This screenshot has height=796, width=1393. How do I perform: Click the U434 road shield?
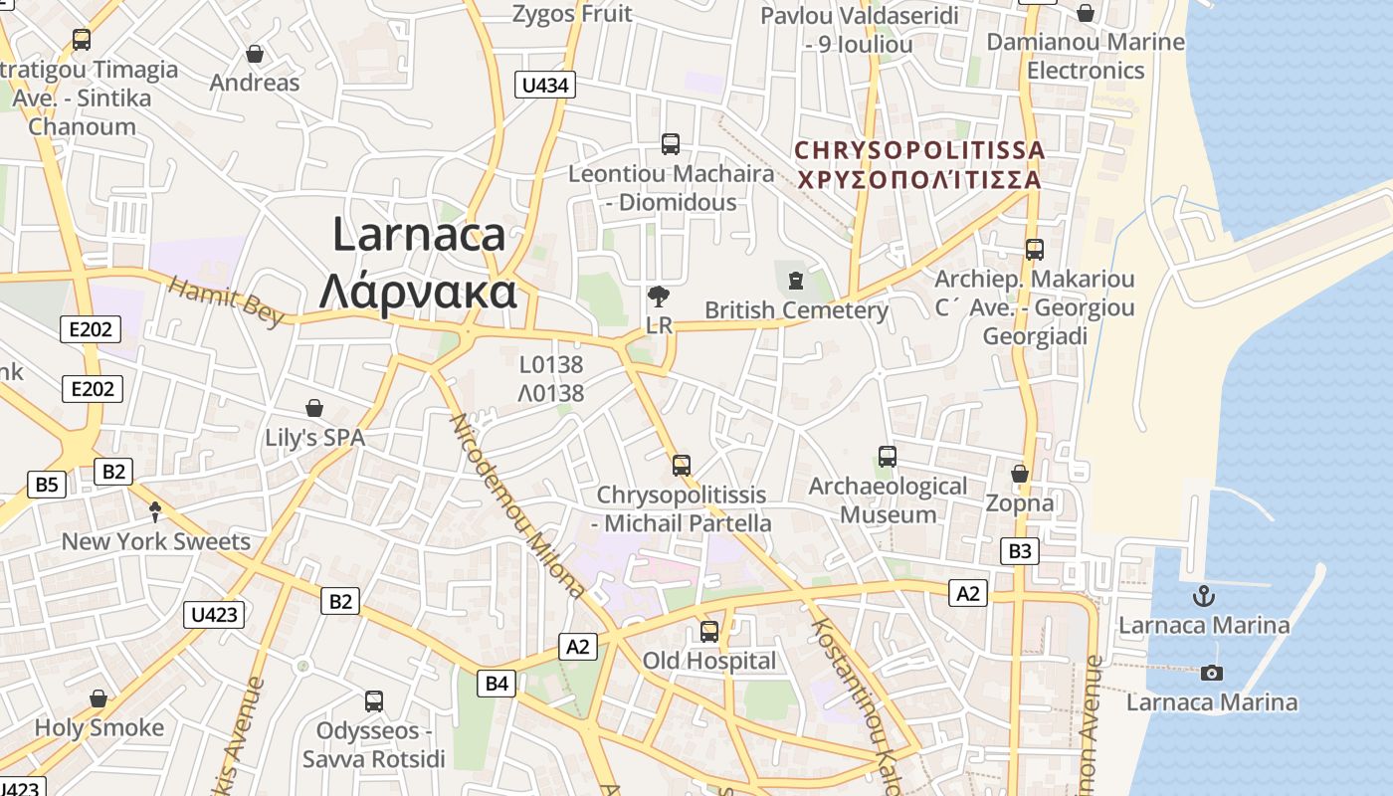tap(544, 86)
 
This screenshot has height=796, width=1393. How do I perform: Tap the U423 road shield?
tap(214, 615)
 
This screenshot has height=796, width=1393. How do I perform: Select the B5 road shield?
tap(47, 485)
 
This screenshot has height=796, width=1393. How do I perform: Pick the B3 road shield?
tap(1020, 551)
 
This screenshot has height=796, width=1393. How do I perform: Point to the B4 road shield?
tap(497, 684)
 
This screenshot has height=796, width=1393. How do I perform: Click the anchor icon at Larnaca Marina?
tap(1204, 597)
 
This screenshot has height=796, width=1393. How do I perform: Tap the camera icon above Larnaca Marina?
tap(1211, 674)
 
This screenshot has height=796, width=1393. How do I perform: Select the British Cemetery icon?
tap(795, 281)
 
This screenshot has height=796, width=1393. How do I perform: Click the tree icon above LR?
tap(658, 296)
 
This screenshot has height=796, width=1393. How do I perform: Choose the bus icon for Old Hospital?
tap(708, 631)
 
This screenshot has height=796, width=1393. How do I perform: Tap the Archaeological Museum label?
tap(888, 500)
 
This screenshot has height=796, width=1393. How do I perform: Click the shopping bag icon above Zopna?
tap(1019, 474)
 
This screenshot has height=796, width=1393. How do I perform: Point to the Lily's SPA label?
tap(314, 438)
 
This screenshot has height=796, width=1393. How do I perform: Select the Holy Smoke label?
tap(99, 727)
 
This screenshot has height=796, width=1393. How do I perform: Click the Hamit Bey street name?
tap(226, 300)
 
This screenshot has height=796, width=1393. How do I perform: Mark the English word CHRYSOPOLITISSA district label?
tap(920, 150)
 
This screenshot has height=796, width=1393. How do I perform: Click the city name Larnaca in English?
tap(419, 235)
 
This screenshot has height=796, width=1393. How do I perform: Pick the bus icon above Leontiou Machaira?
tap(671, 144)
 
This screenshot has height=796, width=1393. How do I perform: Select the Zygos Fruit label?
tap(572, 14)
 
